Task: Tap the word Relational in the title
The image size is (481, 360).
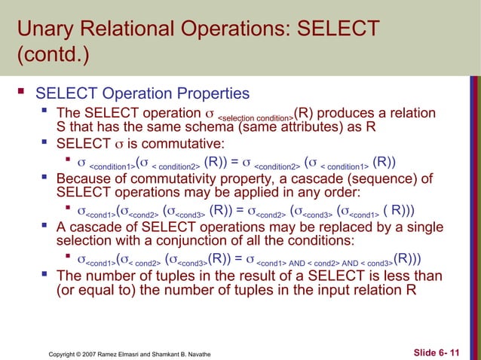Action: (130, 30)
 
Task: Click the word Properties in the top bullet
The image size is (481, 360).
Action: (208, 94)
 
